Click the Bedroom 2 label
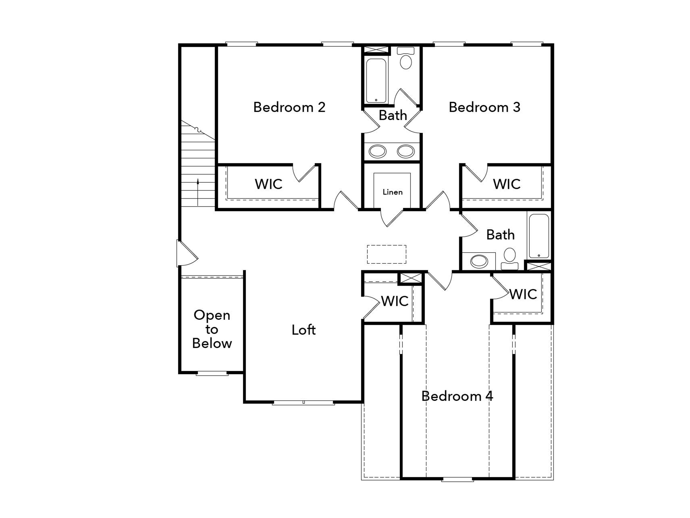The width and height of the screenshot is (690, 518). [289, 107]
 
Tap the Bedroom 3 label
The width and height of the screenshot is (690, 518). [484, 107]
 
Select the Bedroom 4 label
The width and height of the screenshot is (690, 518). [457, 396]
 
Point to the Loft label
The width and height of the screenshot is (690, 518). [304, 330]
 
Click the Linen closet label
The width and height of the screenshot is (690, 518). [393, 192]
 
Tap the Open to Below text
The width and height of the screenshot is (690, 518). [212, 329]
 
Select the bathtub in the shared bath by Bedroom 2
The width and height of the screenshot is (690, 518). [376, 80]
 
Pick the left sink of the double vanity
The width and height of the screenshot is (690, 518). [377, 151]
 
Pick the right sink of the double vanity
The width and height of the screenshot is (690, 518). [406, 151]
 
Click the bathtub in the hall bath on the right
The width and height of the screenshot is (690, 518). [539, 236]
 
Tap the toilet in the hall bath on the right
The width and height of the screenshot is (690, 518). [509, 259]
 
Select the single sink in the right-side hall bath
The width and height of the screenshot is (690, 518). [479, 261]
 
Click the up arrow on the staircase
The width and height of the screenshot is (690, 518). [198, 192]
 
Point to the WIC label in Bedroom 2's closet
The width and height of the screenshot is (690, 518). [269, 184]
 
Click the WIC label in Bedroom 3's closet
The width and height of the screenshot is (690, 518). [507, 184]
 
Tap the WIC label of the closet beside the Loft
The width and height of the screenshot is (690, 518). [395, 301]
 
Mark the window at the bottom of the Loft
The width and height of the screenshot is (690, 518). [304, 402]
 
